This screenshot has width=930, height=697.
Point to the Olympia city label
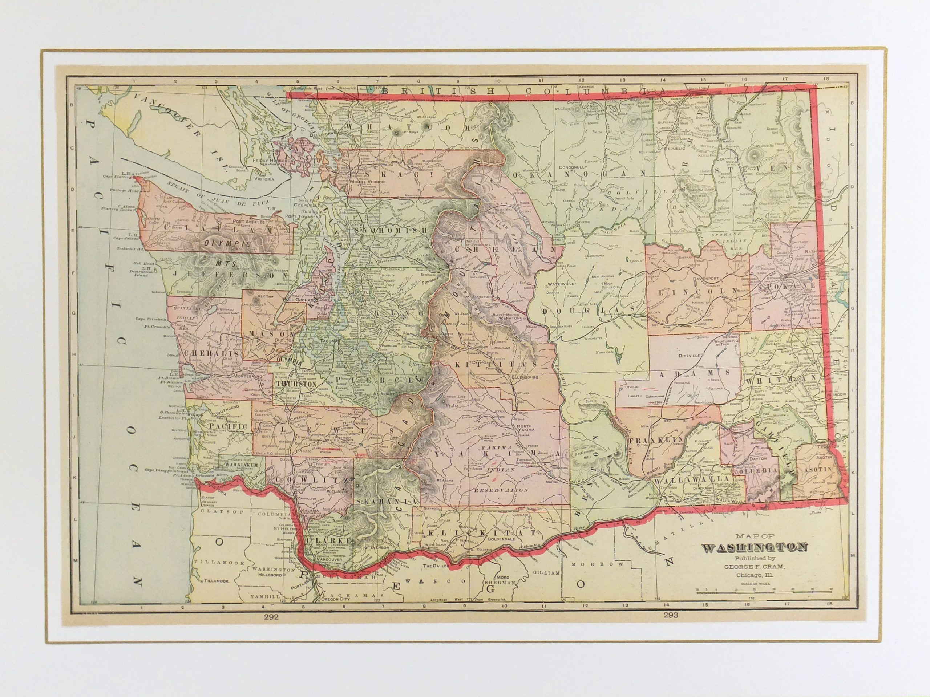click(x=290, y=361)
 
